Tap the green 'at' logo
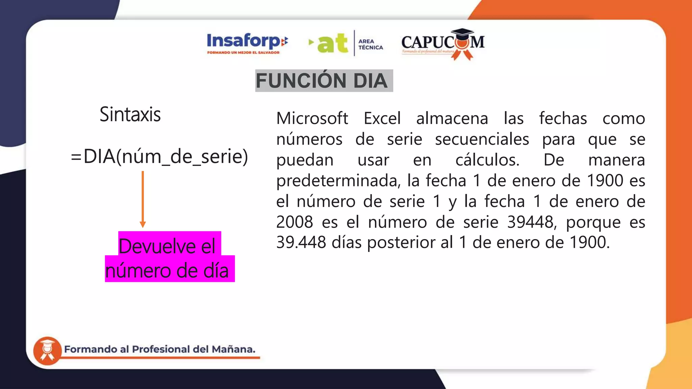pyautogui.click(x=332, y=44)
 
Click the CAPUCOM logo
pyautogui.click(x=443, y=43)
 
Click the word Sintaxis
pyautogui.click(x=130, y=114)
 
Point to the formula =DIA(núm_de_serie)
pyautogui.click(x=159, y=157)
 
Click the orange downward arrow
pyautogui.click(x=143, y=199)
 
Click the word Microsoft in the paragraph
pyautogui.click(x=312, y=119)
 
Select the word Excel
pyautogui.click(x=382, y=119)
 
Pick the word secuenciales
pyautogui.click(x=482, y=139)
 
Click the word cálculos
pyautogui.click(x=487, y=160)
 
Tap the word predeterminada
pyautogui.click(x=338, y=181)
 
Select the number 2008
pyautogui.click(x=295, y=222)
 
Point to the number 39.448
pyautogui.click(x=301, y=242)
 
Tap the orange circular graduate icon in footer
pyautogui.click(x=47, y=351)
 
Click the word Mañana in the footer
pyautogui.click(x=233, y=349)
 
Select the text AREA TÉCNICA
pyautogui.click(x=371, y=44)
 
